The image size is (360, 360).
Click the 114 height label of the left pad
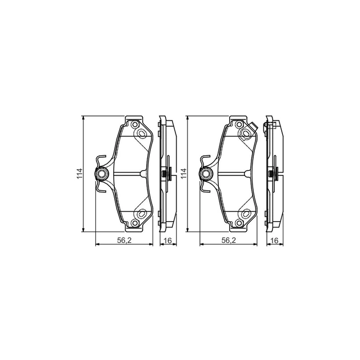point(79,174)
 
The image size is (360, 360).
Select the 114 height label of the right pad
point(184,174)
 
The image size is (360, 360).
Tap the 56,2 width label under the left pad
point(124,240)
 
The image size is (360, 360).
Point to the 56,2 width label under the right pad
point(229,240)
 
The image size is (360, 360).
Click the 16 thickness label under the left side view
point(168,241)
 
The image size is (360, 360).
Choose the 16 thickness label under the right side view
point(274,241)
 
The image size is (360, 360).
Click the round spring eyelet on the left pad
point(101,174)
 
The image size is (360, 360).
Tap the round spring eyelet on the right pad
point(206,174)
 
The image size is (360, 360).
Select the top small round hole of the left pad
point(135,125)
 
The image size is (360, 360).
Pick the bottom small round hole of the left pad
point(135,223)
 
